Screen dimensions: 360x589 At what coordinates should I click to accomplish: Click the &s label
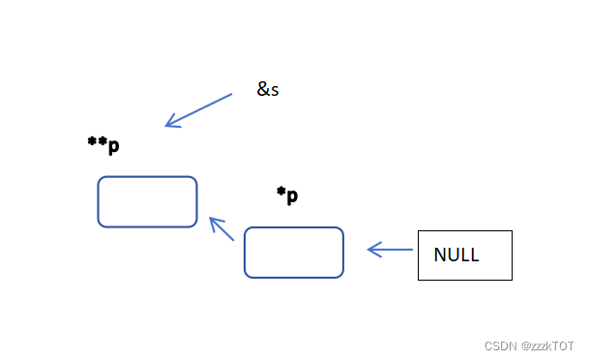coord(268,90)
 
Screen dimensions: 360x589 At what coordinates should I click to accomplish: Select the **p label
coord(103,145)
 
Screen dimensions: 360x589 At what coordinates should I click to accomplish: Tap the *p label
coord(287,195)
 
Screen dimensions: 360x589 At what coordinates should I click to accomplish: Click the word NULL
coord(456,255)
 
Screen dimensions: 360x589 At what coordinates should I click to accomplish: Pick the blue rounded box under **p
coord(147,201)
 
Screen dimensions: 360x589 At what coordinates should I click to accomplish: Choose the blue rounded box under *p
coord(293,252)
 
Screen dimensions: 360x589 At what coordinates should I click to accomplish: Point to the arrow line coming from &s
coord(199,109)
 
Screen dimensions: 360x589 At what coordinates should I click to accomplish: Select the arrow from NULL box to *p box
coord(390,250)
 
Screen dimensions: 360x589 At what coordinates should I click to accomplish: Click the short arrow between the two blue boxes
coord(222,229)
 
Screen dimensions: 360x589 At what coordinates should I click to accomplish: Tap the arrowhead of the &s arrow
coord(168,124)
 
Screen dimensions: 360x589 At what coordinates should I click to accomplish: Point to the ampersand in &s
coord(263,90)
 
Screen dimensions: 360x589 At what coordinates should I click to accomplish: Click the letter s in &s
coord(276,91)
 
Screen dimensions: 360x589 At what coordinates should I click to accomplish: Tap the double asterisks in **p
coord(97,142)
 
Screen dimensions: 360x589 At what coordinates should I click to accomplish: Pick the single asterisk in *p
coord(281,193)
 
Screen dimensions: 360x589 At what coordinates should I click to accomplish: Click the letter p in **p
coord(113,147)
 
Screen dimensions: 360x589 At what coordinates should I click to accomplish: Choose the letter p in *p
coord(292,197)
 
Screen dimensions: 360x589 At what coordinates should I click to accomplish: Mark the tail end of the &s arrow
coord(231,95)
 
